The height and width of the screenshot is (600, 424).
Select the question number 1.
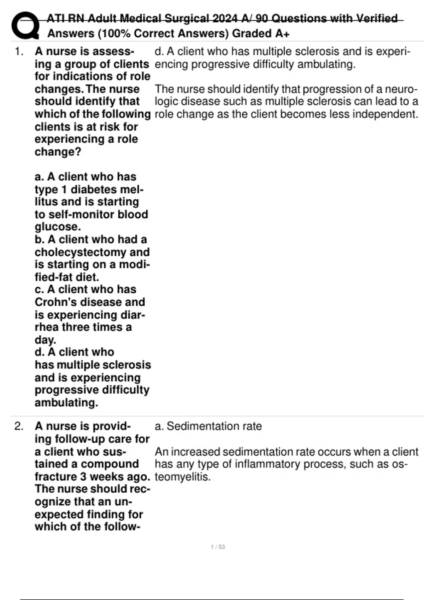pyautogui.click(x=19, y=52)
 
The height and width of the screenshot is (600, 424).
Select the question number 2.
pyautogui.click(x=19, y=426)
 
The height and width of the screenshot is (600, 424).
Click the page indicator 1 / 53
pyautogui.click(x=218, y=547)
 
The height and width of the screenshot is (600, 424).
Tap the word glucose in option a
pyautogui.click(x=58, y=227)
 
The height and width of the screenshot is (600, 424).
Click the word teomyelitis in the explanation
pyautogui.click(x=182, y=477)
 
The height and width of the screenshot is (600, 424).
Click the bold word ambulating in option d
pyautogui.click(x=66, y=402)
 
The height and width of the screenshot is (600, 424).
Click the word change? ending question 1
pyautogui.click(x=58, y=152)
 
